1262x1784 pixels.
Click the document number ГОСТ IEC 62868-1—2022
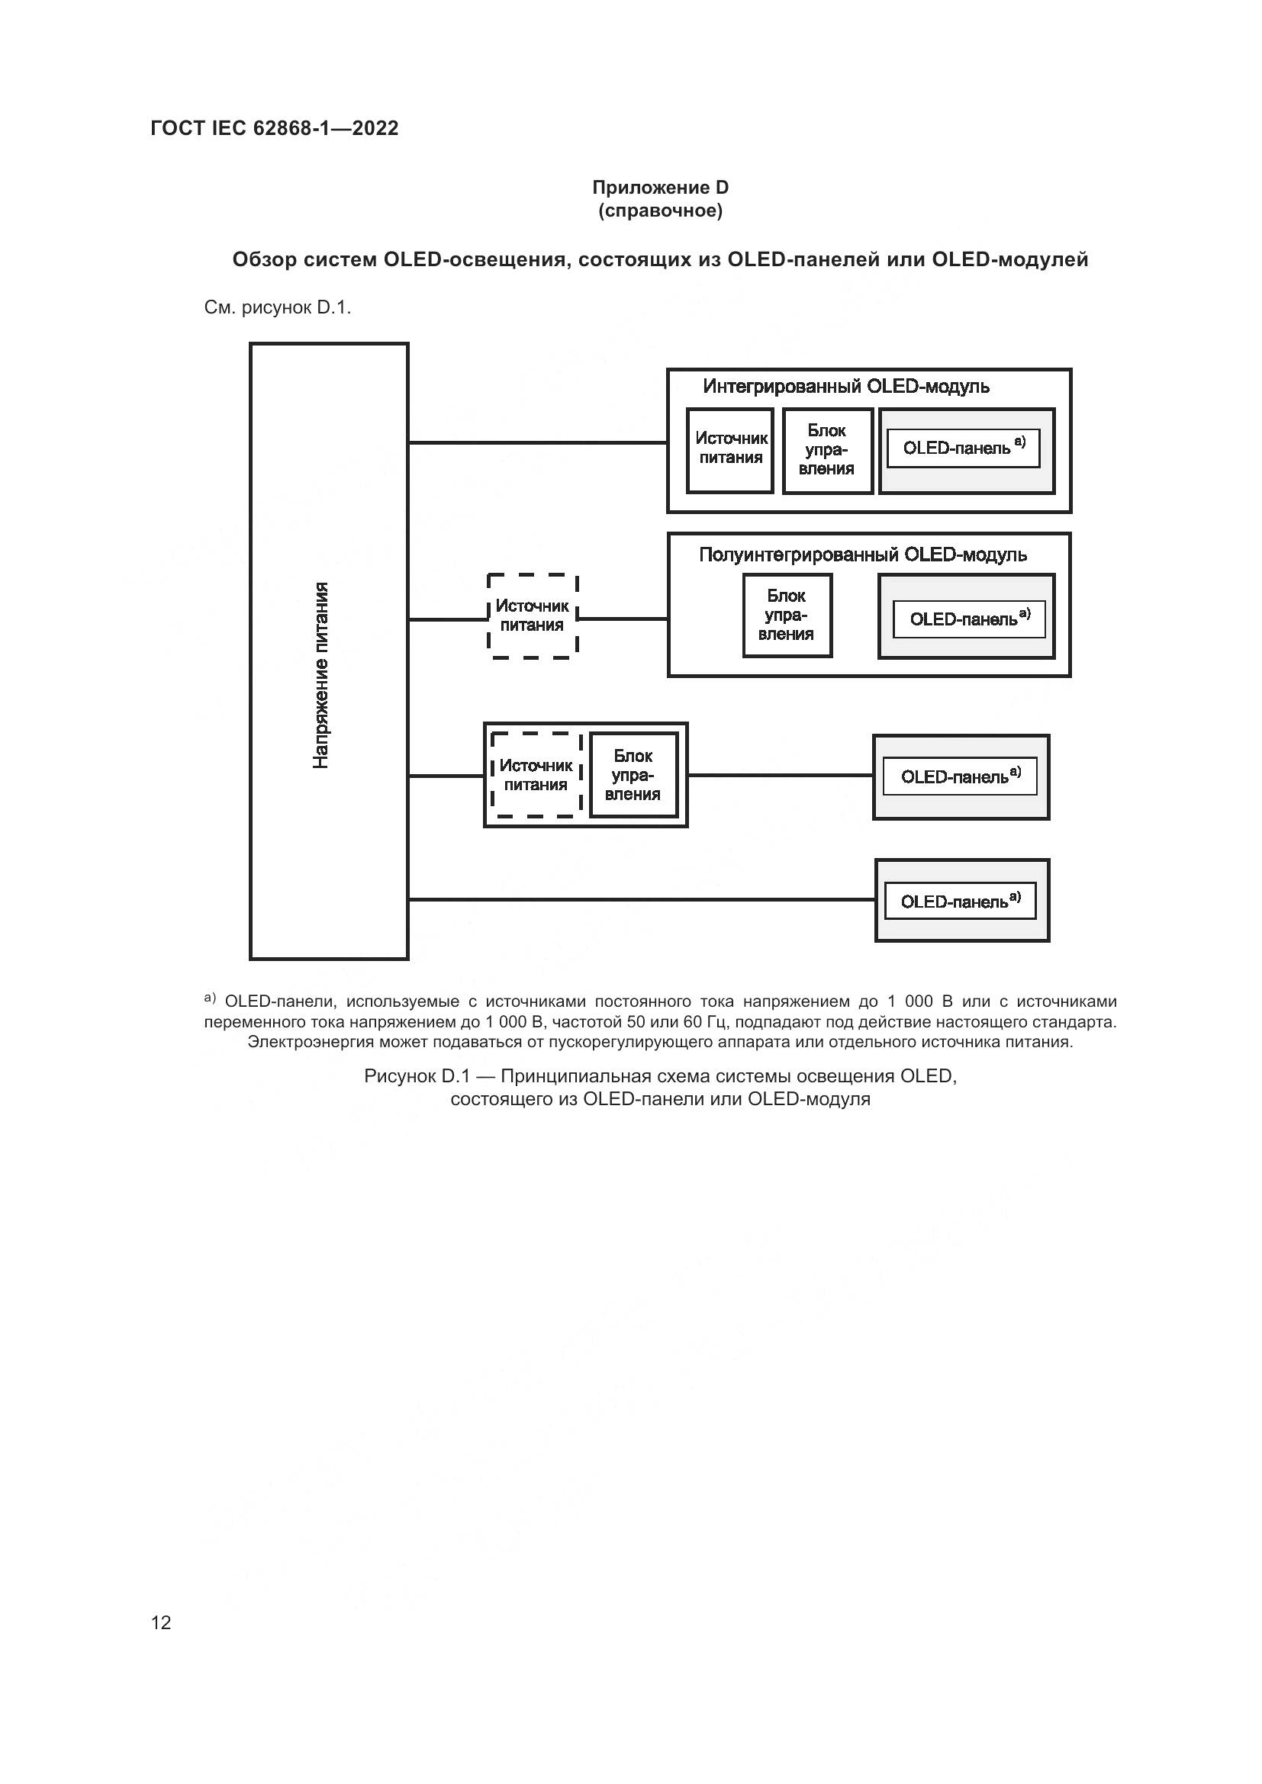click(275, 128)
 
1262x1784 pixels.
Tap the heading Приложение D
click(660, 188)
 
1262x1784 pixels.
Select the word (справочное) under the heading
click(660, 211)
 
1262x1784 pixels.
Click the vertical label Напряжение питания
click(321, 674)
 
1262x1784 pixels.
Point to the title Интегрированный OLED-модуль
click(845, 386)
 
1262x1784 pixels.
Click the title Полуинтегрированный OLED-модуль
click(863, 554)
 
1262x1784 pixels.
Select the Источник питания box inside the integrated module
click(729, 450)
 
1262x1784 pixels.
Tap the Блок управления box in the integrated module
click(827, 450)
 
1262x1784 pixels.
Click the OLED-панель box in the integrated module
click(964, 448)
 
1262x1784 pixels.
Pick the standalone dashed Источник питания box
click(533, 616)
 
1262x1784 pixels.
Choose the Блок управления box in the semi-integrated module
click(787, 616)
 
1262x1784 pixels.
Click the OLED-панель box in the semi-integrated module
click(969, 619)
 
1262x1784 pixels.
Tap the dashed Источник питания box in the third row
click(536, 775)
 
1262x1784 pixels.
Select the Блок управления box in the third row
click(633, 775)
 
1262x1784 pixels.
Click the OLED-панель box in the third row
click(961, 777)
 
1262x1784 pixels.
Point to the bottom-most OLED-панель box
click(961, 902)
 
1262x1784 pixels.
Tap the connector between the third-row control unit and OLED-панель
click(780, 775)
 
